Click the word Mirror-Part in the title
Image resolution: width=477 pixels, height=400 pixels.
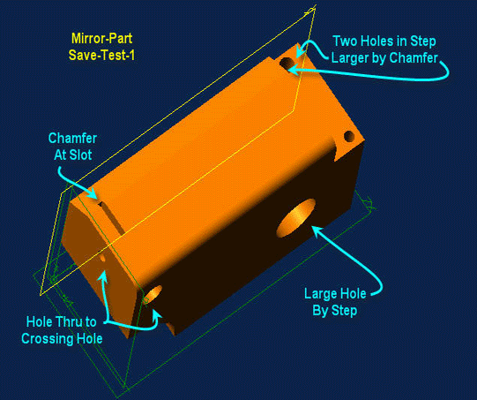(101, 39)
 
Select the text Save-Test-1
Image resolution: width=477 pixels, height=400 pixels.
(101, 55)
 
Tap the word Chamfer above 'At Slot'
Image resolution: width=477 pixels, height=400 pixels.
(72, 139)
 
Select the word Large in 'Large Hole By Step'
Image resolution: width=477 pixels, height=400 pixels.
(319, 294)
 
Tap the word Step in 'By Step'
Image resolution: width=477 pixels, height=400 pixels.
(344, 311)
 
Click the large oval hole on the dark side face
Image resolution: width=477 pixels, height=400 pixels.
(295, 218)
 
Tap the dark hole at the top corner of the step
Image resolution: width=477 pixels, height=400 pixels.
(287, 64)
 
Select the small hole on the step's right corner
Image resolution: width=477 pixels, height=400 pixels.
(349, 136)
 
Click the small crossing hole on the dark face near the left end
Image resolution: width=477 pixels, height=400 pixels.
(153, 294)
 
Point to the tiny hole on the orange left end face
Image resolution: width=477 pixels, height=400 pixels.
(102, 259)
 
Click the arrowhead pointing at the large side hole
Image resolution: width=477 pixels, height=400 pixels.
(317, 230)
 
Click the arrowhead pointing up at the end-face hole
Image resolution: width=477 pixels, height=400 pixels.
(104, 275)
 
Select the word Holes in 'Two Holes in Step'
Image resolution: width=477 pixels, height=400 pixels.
(374, 42)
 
